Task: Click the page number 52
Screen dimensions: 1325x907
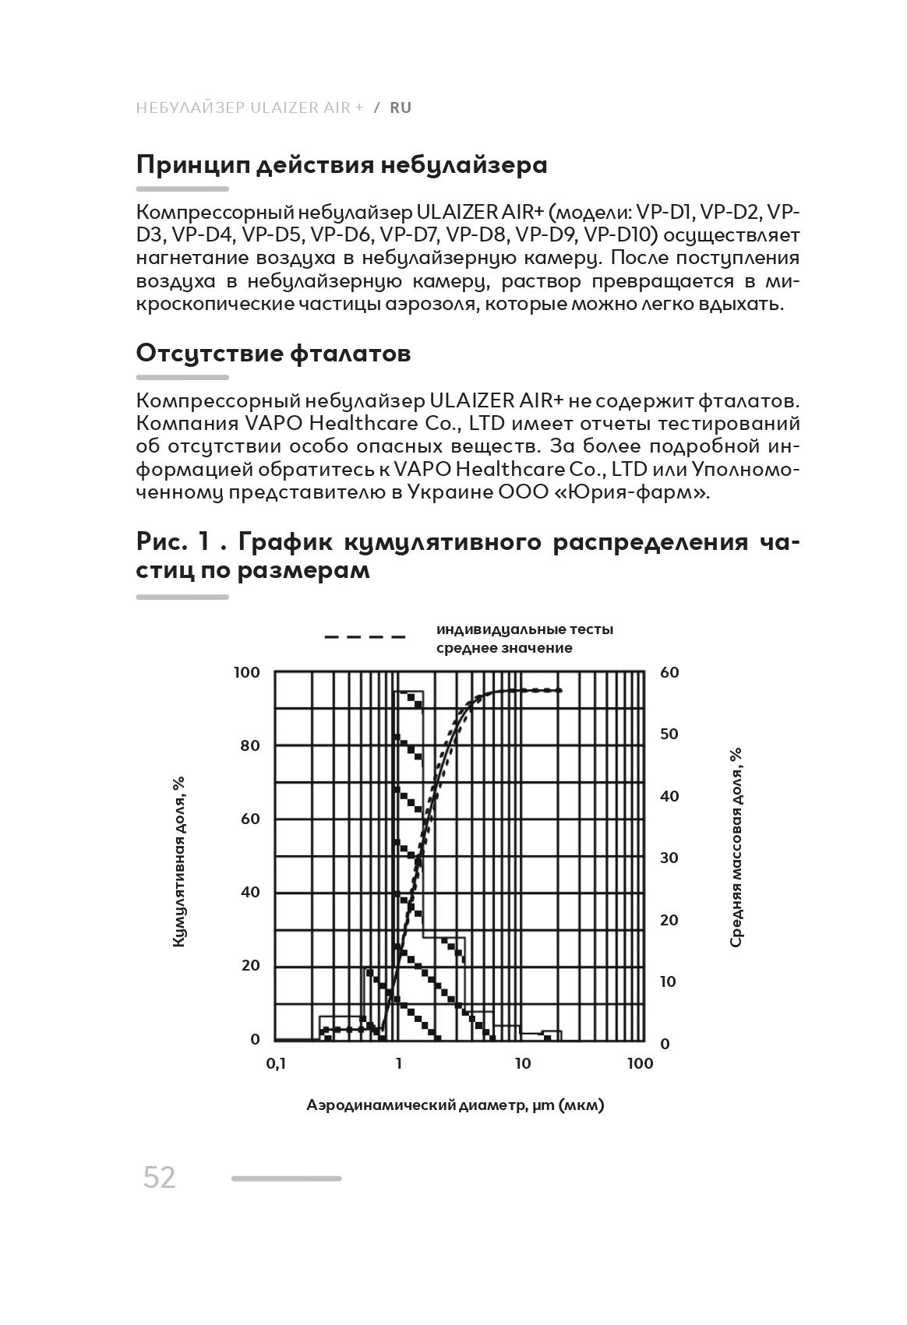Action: (160, 1178)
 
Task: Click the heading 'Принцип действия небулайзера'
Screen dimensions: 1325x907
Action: (341, 164)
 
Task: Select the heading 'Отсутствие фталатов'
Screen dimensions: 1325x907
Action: (274, 353)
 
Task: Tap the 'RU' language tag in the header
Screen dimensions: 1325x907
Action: (401, 107)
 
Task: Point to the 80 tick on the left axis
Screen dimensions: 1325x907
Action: (250, 745)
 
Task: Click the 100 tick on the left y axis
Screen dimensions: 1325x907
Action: (246, 672)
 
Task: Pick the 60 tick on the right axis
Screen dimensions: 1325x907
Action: (669, 672)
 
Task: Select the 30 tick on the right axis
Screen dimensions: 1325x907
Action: (669, 858)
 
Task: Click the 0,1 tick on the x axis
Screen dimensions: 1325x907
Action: (276, 1064)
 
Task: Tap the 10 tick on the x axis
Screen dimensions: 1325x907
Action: (522, 1064)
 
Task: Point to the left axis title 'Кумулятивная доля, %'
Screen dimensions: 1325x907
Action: (178, 862)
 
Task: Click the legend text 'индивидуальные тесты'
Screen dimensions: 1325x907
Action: (524, 629)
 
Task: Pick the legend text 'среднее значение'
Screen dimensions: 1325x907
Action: (504, 648)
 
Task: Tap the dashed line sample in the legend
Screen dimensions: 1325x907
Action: (365, 636)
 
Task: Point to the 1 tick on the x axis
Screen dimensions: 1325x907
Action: (399, 1064)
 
